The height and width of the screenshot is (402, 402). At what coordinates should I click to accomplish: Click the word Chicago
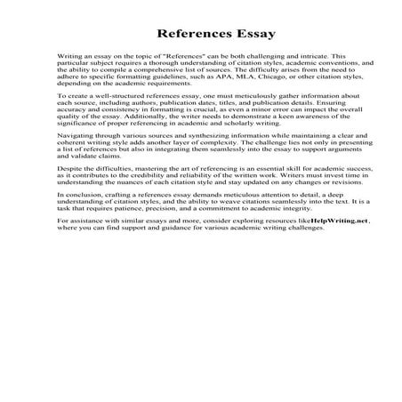pos(291,76)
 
